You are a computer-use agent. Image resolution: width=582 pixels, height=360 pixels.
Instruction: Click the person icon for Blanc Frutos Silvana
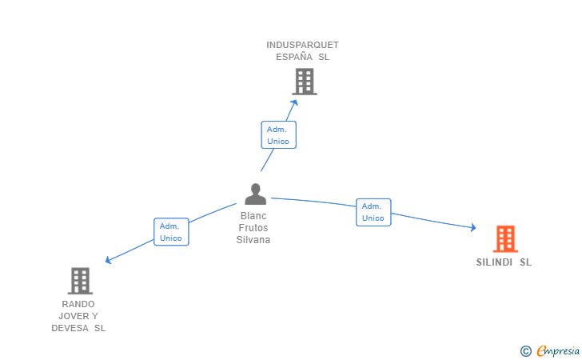pos(255,194)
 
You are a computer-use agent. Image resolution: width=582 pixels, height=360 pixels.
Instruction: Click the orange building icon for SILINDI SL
pos(504,238)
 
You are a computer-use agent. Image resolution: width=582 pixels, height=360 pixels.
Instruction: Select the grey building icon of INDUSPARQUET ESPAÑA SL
pos(304,82)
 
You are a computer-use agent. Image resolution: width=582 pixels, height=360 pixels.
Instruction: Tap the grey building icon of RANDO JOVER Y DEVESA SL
pos(80,281)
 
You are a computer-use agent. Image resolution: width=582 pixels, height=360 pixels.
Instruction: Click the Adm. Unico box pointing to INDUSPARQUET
pos(278,134)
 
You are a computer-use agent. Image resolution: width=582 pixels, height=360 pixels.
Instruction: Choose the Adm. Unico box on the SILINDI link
pos(373,212)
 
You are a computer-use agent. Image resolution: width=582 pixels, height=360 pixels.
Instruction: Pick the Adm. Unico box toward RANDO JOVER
pos(171,232)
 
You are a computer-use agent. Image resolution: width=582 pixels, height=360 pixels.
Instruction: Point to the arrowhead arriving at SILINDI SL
pos(473,229)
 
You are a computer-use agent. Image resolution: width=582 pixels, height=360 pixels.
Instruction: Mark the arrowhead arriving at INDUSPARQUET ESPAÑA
pos(294,102)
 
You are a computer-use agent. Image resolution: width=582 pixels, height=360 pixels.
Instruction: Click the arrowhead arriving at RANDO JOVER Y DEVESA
pos(108,260)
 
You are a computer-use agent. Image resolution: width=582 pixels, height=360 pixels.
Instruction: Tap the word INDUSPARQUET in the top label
pos(302,45)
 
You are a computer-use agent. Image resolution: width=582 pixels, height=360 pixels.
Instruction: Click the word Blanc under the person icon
pos(253,216)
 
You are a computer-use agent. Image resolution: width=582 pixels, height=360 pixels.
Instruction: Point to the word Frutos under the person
pos(253,228)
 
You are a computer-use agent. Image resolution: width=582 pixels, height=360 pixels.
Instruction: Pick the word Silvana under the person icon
pos(253,240)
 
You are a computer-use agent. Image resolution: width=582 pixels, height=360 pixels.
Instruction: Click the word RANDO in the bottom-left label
pos(78,304)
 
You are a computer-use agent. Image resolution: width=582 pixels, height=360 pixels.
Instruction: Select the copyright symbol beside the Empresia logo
pos(525,350)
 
